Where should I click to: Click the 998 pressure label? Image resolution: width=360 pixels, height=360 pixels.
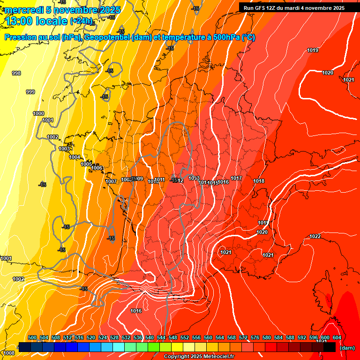[x=16, y=73]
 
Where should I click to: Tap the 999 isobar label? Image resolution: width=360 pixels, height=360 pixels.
[x=30, y=92]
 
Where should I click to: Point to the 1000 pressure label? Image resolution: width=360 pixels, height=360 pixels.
[x=38, y=113]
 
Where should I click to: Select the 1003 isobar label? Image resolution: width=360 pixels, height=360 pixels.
[x=64, y=149]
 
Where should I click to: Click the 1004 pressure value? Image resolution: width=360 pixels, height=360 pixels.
[x=75, y=157]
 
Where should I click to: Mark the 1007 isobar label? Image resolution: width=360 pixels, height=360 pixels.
[x=111, y=181]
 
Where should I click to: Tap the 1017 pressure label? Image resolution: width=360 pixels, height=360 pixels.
[x=236, y=178]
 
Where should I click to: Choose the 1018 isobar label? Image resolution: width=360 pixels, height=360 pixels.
[x=259, y=181]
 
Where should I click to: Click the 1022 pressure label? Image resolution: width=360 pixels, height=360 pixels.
[x=315, y=236]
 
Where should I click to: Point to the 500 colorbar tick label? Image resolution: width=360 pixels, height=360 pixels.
[x=32, y=337]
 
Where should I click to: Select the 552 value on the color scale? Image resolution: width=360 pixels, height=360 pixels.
[x=185, y=337]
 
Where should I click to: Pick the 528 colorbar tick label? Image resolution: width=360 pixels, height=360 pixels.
[x=114, y=337]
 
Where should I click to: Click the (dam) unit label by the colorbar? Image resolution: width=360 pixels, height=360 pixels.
[x=347, y=348]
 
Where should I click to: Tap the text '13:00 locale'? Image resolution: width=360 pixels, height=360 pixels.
[x=36, y=21]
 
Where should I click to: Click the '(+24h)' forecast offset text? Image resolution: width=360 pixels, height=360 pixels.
[x=82, y=21]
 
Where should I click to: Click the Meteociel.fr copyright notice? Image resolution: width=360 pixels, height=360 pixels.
[x=199, y=357]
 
